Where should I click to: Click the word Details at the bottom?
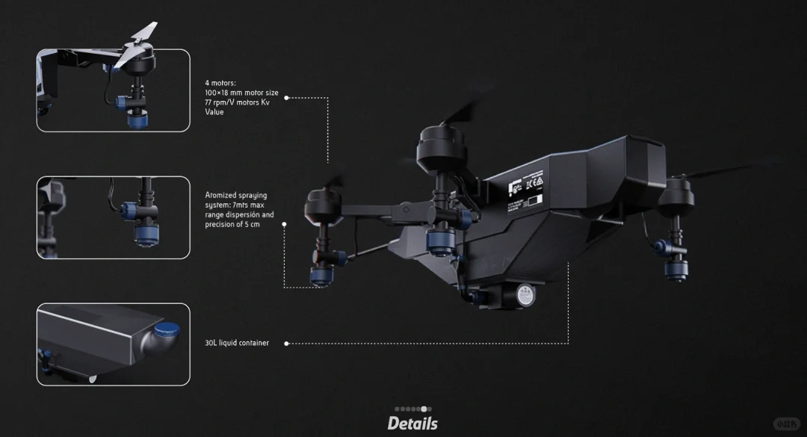click(412, 424)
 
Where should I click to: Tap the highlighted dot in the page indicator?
click(424, 409)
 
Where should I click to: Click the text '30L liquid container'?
click(237, 343)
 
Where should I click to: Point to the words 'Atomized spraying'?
click(235, 196)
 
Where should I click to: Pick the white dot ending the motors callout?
click(286, 97)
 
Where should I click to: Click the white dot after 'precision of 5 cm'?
click(285, 223)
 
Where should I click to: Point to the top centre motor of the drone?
click(442, 146)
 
